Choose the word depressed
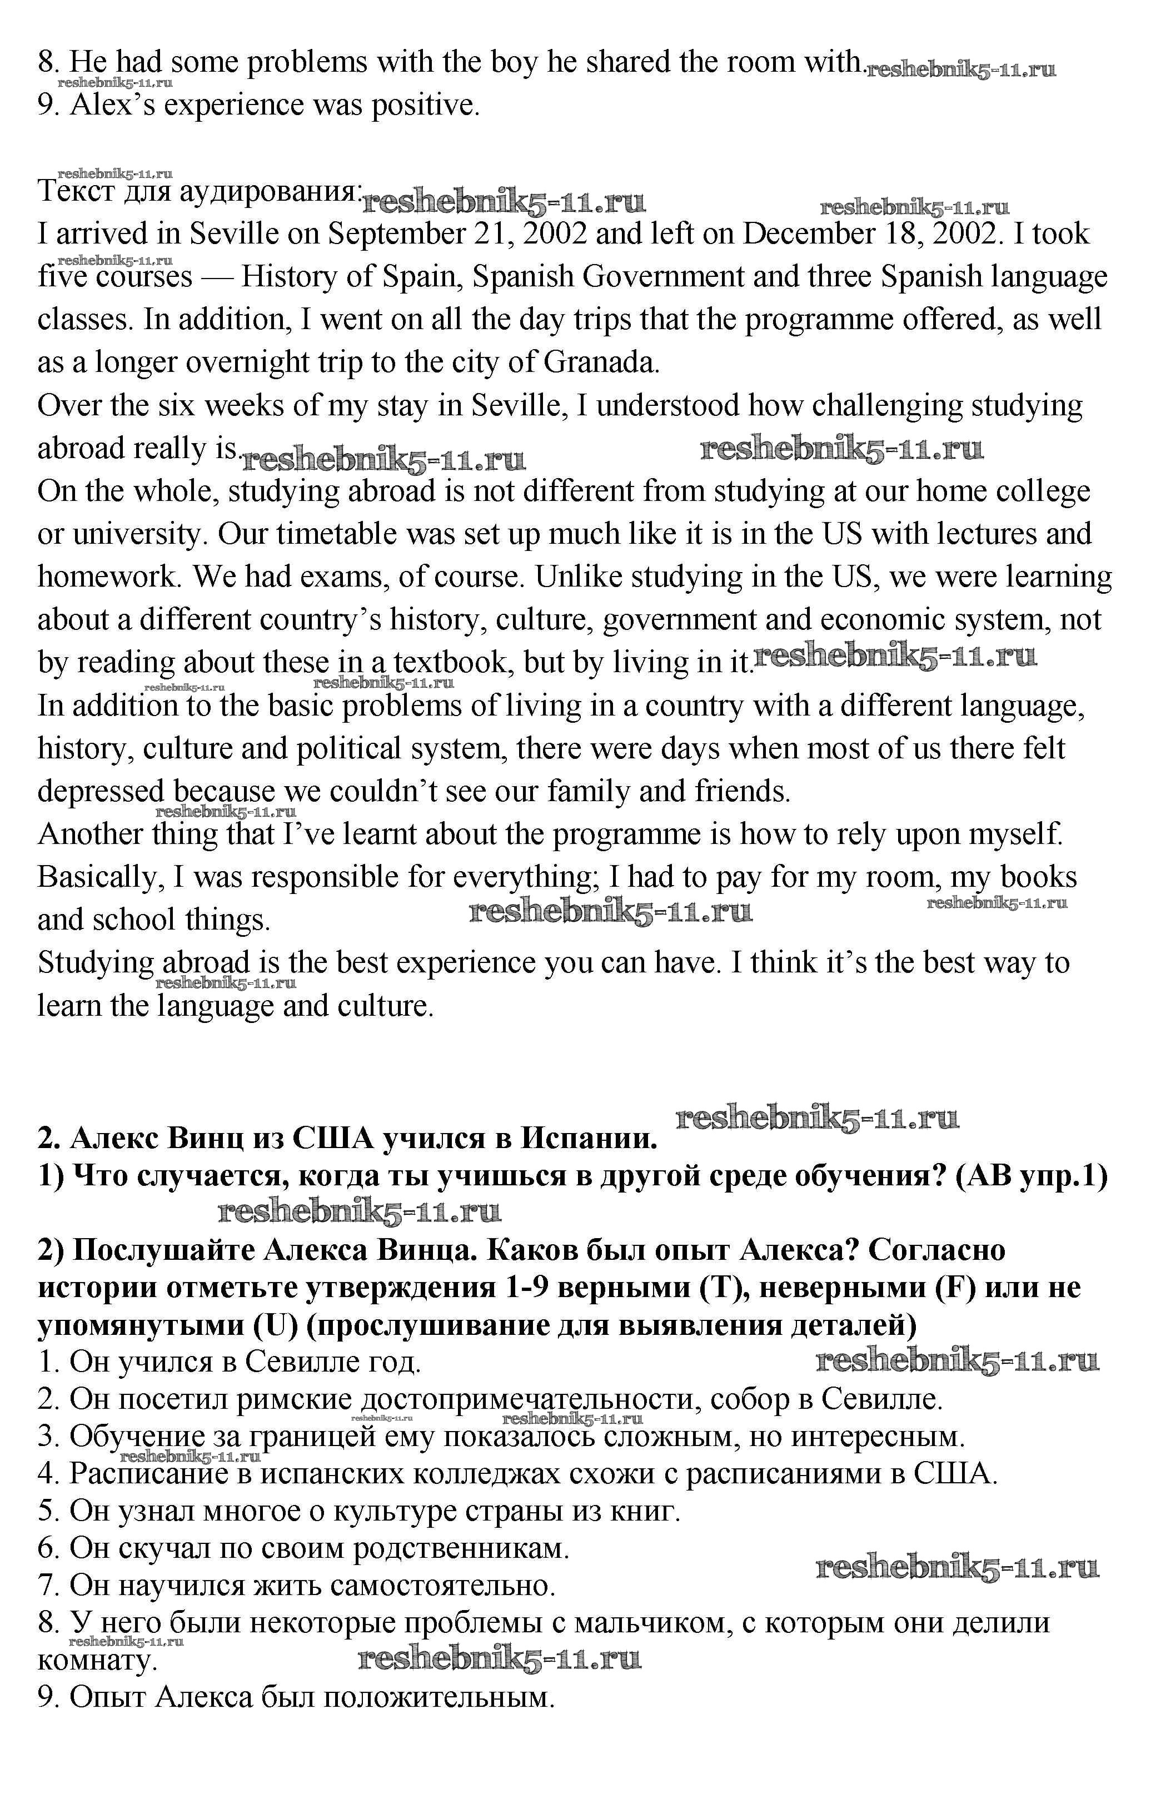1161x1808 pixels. [x=100, y=792]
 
